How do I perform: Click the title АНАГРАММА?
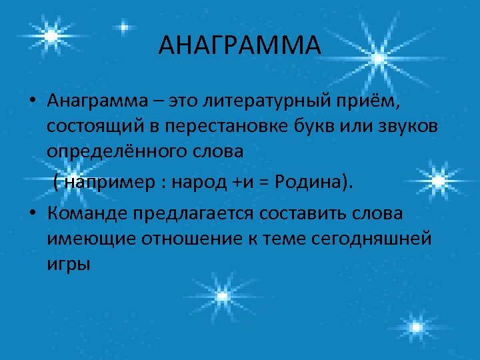[240, 45]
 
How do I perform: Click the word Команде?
[87, 213]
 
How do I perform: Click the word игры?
[68, 264]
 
